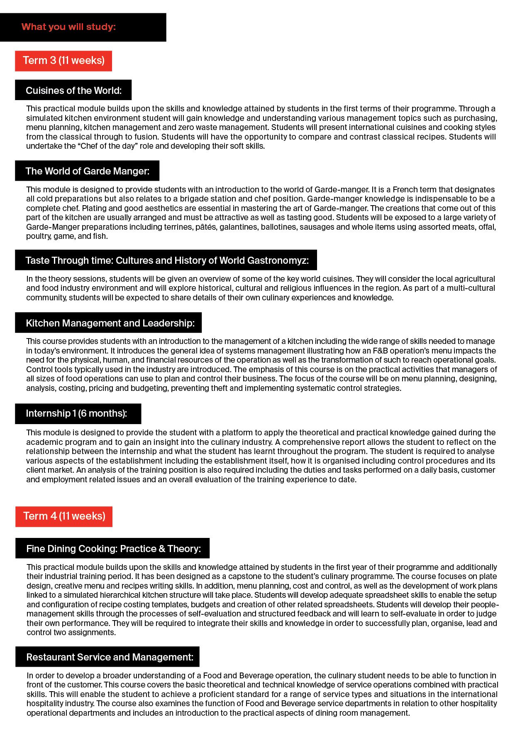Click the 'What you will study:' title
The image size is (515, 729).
pos(68,27)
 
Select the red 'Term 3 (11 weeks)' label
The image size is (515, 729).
pos(63,61)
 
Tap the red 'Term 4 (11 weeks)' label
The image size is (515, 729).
pos(64,516)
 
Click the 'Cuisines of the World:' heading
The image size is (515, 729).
pos(73,91)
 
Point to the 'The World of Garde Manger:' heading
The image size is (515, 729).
pos(87,171)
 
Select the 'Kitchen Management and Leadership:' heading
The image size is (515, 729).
pos(110,323)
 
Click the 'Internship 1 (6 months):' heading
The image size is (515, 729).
pos(76,413)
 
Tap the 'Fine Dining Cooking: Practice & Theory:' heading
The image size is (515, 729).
pos(113,549)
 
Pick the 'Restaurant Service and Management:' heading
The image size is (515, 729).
pos(110,657)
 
